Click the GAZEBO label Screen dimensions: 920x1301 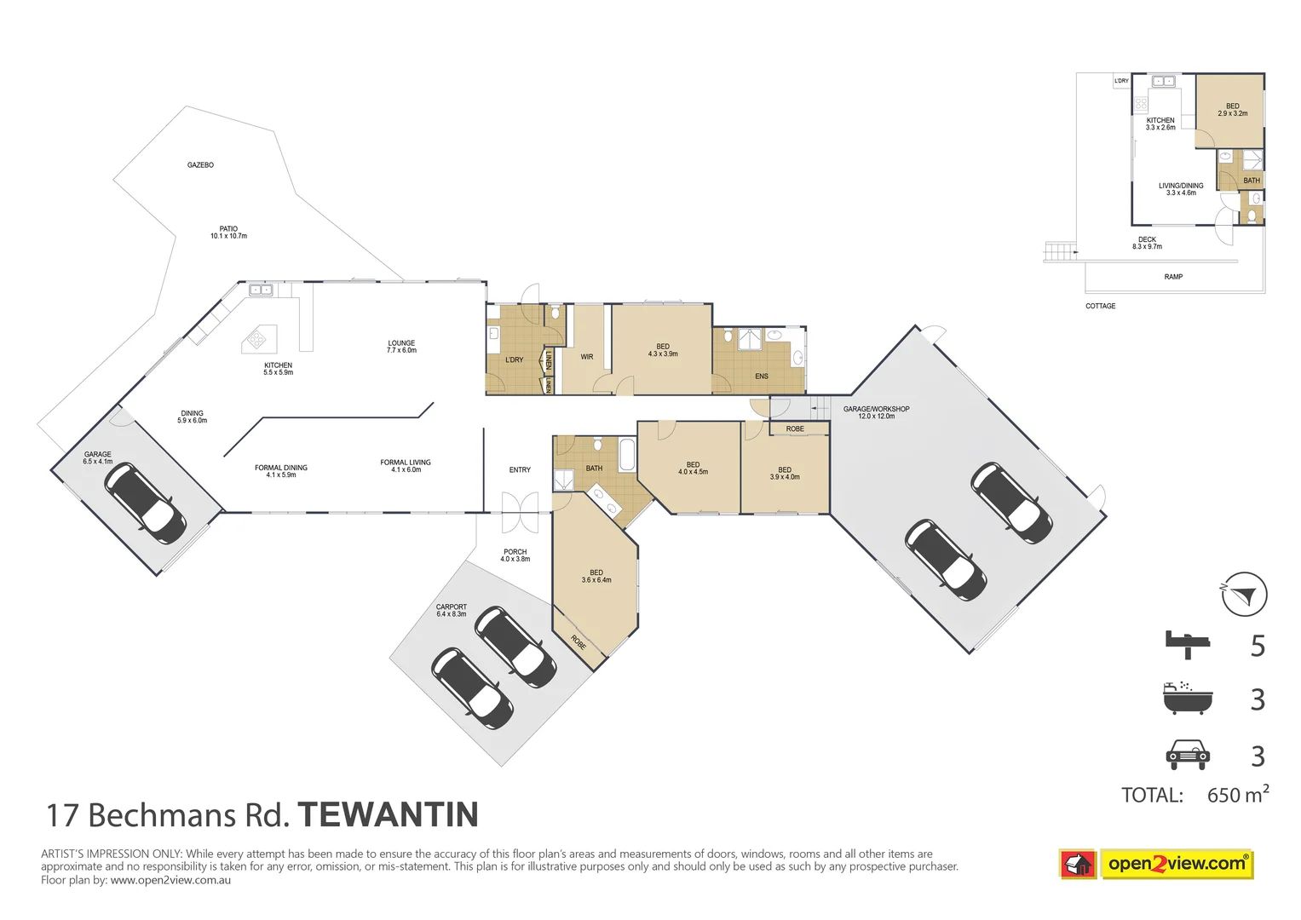pos(200,164)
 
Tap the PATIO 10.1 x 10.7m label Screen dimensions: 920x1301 pos(228,233)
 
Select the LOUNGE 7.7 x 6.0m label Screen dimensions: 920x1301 pos(401,347)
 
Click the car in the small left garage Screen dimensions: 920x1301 pos(145,503)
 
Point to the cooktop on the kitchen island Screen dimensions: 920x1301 pos(256,341)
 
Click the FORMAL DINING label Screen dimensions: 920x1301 pos(281,471)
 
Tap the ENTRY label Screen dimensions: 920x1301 pos(520,470)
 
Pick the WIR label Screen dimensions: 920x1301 pos(587,357)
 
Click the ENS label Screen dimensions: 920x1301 pos(762,377)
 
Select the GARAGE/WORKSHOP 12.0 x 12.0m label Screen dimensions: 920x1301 pos(876,412)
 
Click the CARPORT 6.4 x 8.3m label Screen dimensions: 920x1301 pos(452,610)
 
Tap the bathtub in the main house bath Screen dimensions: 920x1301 pos(627,455)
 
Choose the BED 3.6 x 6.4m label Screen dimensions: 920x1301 pos(596,576)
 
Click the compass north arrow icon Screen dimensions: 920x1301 pos(1244,595)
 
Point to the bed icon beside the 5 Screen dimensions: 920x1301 pos(1188,644)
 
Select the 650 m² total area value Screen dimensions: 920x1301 pos(1237,795)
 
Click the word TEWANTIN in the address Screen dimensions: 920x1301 pos(388,815)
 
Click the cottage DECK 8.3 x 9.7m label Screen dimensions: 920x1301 pos(1147,243)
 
